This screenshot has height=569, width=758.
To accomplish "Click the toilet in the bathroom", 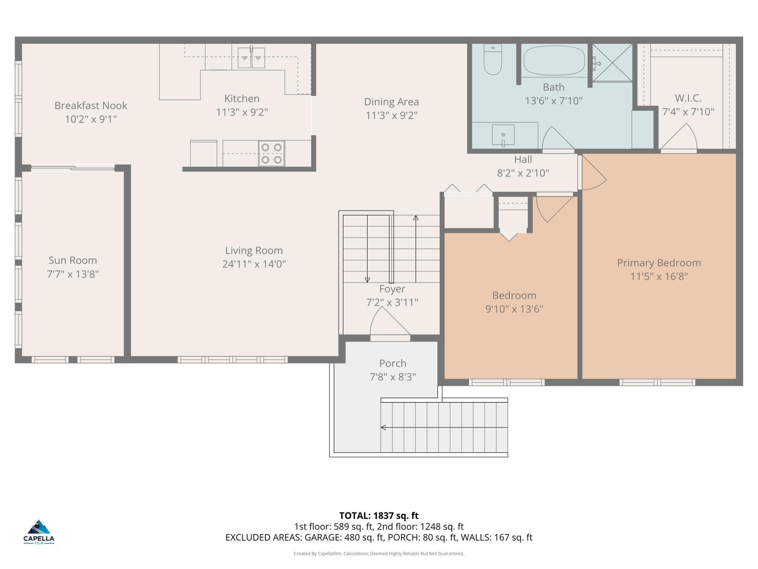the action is [x=493, y=59].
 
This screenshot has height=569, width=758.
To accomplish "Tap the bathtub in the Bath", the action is [x=554, y=61].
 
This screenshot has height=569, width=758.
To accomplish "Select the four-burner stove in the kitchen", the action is [x=271, y=153].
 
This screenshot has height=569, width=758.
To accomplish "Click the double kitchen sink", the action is [x=251, y=57].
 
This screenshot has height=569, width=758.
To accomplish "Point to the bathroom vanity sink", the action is [x=503, y=135].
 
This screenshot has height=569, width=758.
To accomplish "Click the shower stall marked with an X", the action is [x=612, y=62].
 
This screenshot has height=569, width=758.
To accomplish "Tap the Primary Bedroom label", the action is [x=659, y=263].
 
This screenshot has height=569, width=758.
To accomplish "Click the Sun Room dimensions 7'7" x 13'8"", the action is [x=73, y=274].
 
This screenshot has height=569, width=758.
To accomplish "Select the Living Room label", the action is [x=254, y=251].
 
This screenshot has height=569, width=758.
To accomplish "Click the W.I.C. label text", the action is [x=688, y=98].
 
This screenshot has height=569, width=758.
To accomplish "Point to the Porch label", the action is [x=393, y=363].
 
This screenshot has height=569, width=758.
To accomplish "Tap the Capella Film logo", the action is [x=39, y=532].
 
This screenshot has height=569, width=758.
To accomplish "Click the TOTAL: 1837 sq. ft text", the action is [x=379, y=516].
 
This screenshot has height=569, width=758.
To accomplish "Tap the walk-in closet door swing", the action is [x=679, y=137].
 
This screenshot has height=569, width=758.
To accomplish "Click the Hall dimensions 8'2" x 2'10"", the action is [x=523, y=173].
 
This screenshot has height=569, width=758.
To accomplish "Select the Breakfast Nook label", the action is [x=91, y=105].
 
